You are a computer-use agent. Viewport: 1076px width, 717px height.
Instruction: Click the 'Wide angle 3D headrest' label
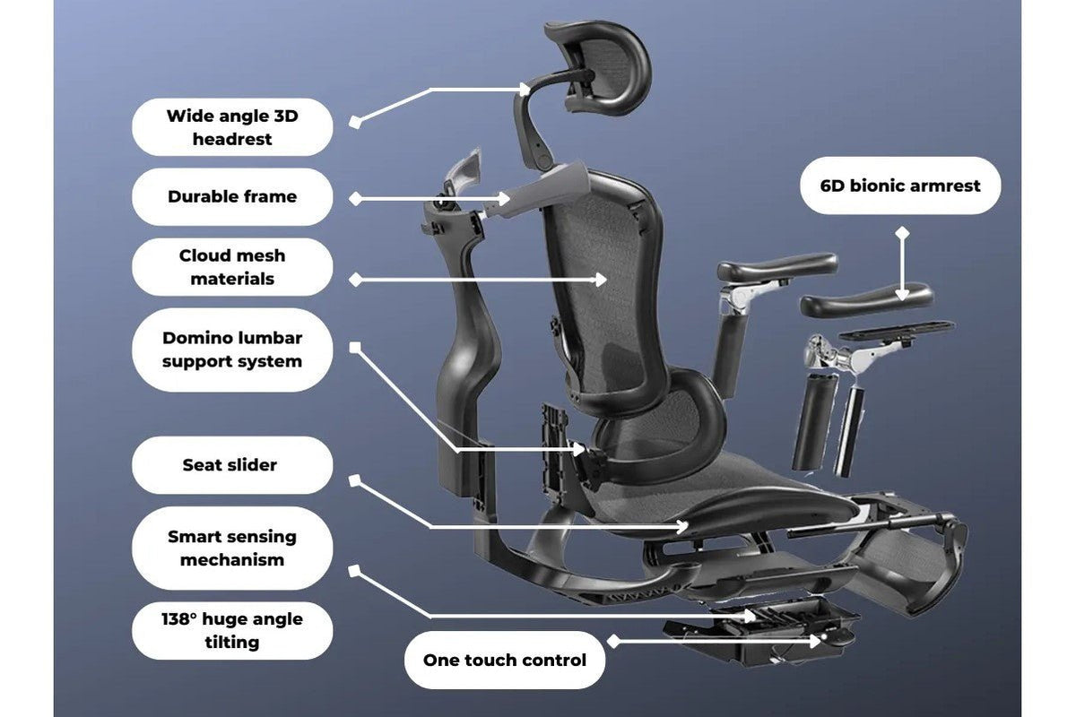(x=232, y=127)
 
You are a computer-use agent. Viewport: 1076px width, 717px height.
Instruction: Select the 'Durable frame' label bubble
(x=232, y=196)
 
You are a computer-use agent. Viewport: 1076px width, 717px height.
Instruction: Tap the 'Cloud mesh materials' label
(x=232, y=267)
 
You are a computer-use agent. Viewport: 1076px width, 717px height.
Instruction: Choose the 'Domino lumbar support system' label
(x=232, y=350)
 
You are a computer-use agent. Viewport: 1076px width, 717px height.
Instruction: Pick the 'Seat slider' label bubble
(x=232, y=465)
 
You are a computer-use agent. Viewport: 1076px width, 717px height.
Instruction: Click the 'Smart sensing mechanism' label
(x=232, y=548)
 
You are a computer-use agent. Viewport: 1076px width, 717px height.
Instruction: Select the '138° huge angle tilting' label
(x=232, y=631)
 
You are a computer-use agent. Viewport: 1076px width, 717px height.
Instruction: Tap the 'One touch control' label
(x=504, y=661)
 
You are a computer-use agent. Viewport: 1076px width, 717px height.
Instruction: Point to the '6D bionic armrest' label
(x=900, y=186)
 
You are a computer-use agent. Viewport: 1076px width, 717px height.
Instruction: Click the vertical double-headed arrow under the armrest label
(x=902, y=263)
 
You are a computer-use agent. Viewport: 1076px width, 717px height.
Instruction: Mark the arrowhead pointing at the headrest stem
(x=524, y=90)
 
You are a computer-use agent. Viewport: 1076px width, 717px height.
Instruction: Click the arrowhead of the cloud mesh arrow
(x=601, y=280)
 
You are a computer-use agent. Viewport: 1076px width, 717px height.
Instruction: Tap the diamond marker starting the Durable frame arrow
(x=355, y=198)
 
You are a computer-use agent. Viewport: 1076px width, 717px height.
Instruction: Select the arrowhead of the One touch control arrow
(x=815, y=641)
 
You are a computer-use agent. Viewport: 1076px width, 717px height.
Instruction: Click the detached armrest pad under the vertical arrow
(x=866, y=300)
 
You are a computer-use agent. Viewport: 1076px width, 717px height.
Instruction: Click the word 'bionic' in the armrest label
(x=878, y=186)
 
